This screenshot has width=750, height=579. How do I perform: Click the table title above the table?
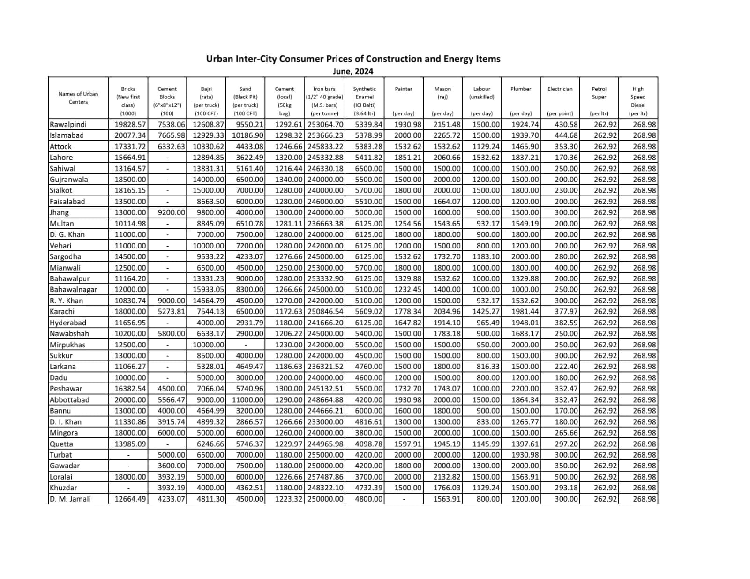coord(353,59)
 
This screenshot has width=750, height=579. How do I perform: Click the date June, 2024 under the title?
coord(353,71)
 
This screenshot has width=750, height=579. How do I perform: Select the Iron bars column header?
coord(324,101)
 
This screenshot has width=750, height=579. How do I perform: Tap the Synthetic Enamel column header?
coord(364,101)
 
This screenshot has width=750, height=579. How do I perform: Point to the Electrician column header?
coord(560,101)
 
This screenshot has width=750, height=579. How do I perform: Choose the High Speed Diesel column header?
coord(638,101)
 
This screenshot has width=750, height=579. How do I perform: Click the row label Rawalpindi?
coord(68,125)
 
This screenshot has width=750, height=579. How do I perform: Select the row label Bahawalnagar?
coord(73,290)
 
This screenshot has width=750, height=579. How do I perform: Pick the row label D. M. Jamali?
coord(70,499)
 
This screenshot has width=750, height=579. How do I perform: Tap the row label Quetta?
coord(61,444)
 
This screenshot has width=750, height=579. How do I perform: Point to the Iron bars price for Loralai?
coord(326,477)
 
